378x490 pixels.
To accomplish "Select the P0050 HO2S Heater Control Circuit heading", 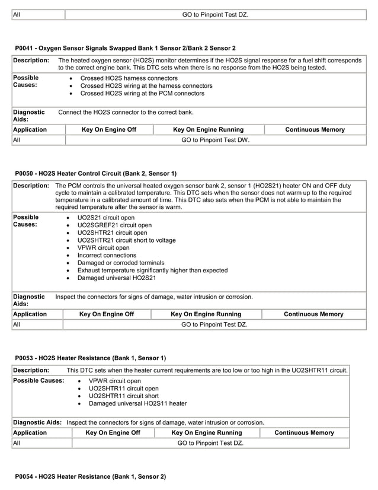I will pyautogui.click(x=95, y=173).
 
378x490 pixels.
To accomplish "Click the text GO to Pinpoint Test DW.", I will pyautogui.click(x=215, y=141).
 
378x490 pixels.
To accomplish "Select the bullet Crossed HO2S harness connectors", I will pyautogui.click(x=129, y=78).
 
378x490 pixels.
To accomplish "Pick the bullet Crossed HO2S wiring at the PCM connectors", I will pyautogui.click(x=142, y=93).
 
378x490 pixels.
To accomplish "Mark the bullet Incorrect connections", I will pyautogui.click(x=107, y=255).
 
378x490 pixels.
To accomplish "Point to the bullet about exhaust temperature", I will pyautogui.click(x=152, y=270).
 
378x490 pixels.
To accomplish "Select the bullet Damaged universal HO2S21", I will pyautogui.click(x=117, y=278).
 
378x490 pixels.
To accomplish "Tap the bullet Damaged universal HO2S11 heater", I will pyautogui.click(x=137, y=403).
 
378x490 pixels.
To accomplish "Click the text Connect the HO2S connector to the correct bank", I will pyautogui.click(x=126, y=112).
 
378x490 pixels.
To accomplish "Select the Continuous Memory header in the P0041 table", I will pyautogui.click(x=315, y=129).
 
